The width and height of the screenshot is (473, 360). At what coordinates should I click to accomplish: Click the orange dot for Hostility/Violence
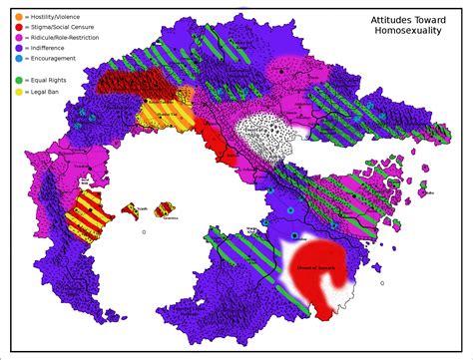click(x=18, y=16)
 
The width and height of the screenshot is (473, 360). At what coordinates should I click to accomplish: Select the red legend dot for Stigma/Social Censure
click(x=18, y=27)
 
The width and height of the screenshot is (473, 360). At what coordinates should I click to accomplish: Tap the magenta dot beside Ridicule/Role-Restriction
click(x=18, y=37)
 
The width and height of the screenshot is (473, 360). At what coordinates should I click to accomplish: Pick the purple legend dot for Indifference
click(x=18, y=48)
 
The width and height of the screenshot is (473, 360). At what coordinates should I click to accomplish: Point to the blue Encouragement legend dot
click(x=18, y=58)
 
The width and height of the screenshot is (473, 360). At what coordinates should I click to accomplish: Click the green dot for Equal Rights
click(x=18, y=79)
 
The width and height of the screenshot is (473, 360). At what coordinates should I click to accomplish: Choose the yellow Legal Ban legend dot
click(x=18, y=90)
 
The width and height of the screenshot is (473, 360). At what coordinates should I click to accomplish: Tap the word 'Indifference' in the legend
click(x=50, y=48)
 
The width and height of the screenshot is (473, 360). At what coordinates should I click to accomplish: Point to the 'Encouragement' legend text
click(x=54, y=58)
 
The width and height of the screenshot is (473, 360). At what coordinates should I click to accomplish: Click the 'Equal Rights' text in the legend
click(x=50, y=79)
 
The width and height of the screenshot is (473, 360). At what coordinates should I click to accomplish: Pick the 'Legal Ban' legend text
click(x=46, y=90)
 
